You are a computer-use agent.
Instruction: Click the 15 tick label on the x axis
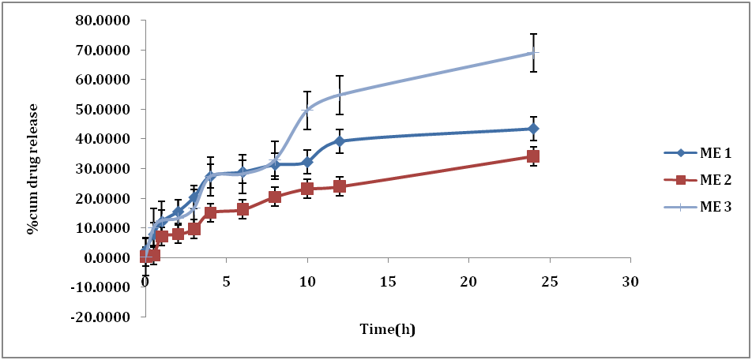[x=388, y=282]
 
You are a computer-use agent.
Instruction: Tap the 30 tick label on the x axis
[x=630, y=282]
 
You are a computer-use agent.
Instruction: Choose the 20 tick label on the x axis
[x=468, y=282]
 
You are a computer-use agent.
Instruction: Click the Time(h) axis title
[x=388, y=329]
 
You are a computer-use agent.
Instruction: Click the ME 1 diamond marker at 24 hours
[x=533, y=129]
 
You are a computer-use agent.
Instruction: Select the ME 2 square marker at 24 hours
[x=533, y=156]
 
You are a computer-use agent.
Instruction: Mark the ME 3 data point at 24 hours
[x=533, y=54]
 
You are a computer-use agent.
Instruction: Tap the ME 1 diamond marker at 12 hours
[x=340, y=141]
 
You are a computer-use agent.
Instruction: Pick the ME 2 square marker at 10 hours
[x=307, y=189]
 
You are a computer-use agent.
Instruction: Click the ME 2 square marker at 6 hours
[x=243, y=209]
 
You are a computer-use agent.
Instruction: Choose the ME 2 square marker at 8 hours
[x=275, y=197]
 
